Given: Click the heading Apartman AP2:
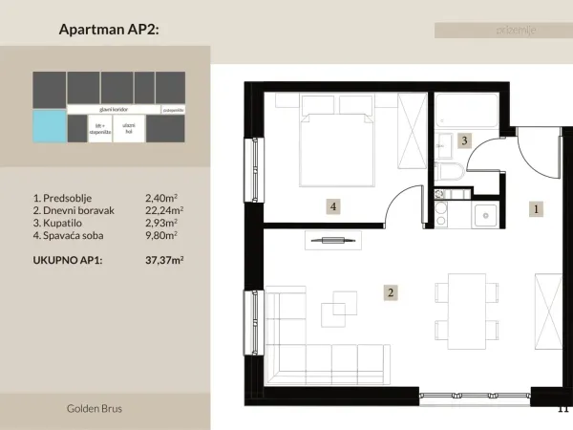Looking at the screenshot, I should click(x=109, y=30).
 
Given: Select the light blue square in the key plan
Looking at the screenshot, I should click(x=48, y=125).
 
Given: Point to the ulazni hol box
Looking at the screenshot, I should click(x=130, y=128).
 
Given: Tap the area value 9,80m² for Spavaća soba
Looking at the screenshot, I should click(x=161, y=234).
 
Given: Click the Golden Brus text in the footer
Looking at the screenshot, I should click(x=95, y=409).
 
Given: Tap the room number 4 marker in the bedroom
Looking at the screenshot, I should click(x=332, y=205).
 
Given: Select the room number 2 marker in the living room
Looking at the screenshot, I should click(x=390, y=293).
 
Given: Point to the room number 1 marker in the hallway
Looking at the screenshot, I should click(x=537, y=207).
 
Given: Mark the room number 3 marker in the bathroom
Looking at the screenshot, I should click(x=464, y=140).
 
